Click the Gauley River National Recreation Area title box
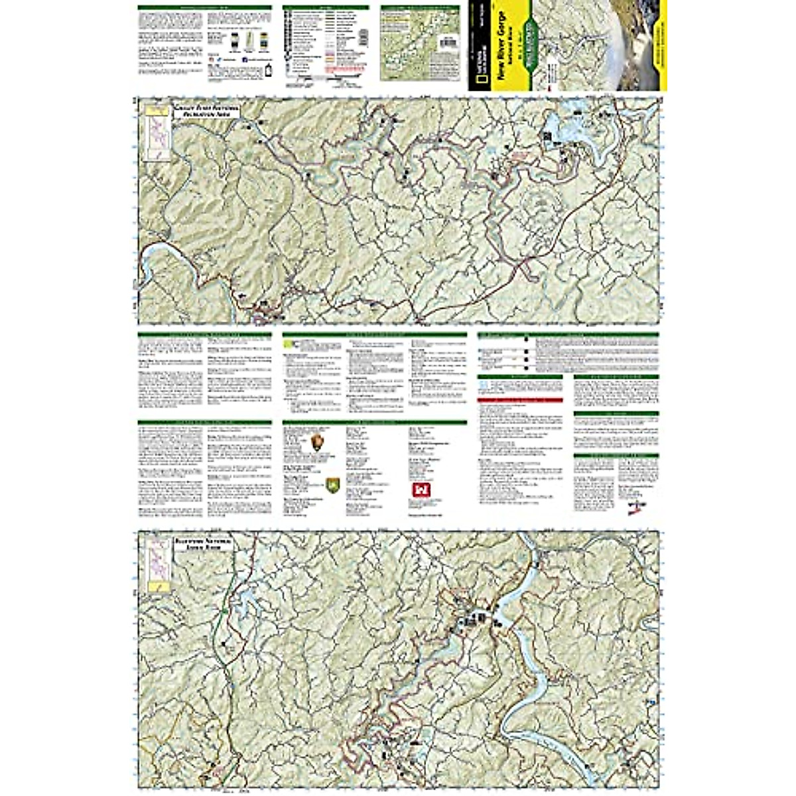pos(206,111)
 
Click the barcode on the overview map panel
pos(449,41)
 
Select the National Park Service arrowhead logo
pos(318,442)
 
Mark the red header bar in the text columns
pos(520,401)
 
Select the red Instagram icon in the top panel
pos(210,59)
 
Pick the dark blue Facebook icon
pos(245,59)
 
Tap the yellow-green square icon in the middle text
pos(287,344)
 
